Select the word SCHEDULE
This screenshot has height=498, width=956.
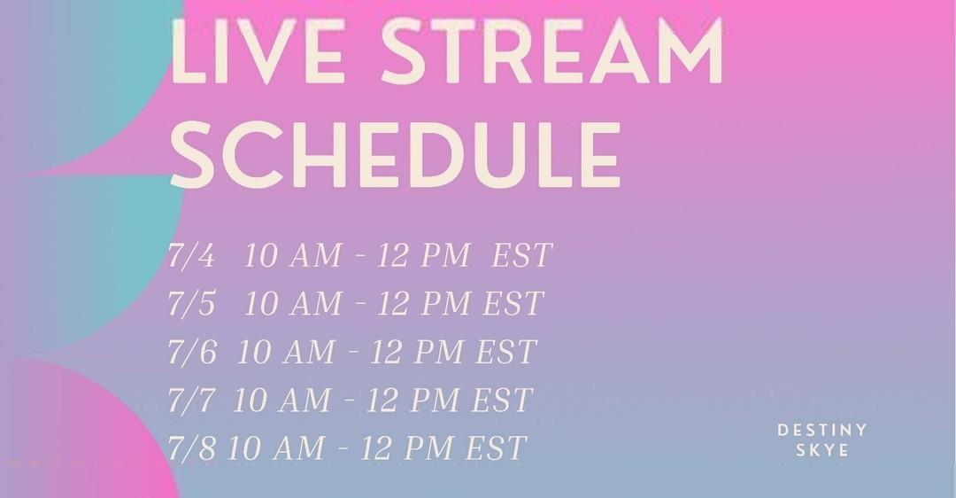pos(395,153)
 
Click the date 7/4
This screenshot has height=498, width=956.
pos(191,255)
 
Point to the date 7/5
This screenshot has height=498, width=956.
pos(191,303)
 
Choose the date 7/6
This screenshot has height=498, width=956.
pos(192,352)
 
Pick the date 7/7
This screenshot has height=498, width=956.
pos(191,400)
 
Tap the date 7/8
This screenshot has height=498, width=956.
pos(191,448)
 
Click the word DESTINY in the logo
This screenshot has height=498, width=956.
pos(821,431)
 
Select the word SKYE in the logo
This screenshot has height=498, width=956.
pos(822,450)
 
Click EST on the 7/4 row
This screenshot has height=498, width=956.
pos(522,255)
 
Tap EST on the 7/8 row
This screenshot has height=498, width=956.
pos(496,448)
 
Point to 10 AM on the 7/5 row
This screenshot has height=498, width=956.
pos(293,303)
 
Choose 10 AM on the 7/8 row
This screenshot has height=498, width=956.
pos(276,448)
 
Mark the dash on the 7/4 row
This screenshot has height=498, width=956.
pos(359,256)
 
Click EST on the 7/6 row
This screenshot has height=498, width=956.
pos(506,352)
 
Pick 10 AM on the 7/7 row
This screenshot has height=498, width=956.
pos(281,400)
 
